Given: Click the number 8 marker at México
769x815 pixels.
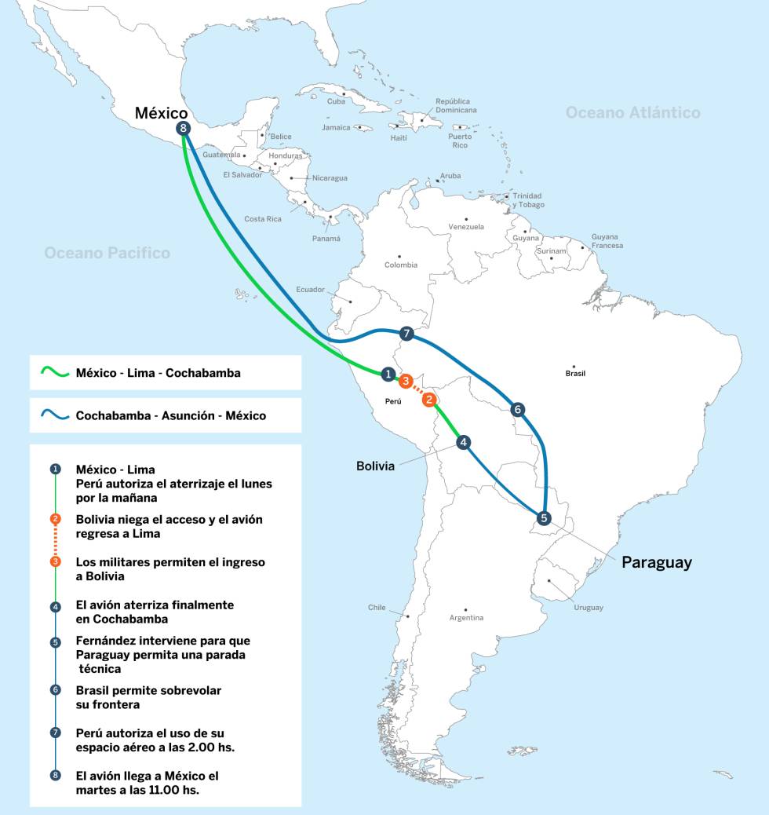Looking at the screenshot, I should click(x=184, y=129).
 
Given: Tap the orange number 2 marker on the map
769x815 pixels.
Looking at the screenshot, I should click(x=429, y=400).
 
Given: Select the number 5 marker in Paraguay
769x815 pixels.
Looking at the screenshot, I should click(x=544, y=517).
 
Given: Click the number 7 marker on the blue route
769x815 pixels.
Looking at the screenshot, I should click(x=406, y=334).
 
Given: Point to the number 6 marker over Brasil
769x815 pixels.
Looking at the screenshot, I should click(x=516, y=409).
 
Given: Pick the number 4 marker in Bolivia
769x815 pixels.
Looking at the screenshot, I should click(x=464, y=442).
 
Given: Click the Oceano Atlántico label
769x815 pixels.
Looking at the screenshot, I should click(x=632, y=113).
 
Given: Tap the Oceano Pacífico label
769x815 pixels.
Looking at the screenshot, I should click(x=107, y=253).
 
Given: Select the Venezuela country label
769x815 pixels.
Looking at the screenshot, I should click(x=466, y=227).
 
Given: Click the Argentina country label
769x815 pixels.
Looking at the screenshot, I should click(x=466, y=618).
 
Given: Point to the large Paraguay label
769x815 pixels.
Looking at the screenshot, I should click(x=657, y=562).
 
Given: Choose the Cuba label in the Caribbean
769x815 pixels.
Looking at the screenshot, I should click(x=336, y=101).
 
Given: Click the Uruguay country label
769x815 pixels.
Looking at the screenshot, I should click(x=588, y=608).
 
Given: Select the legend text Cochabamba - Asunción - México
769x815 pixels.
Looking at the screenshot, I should click(x=170, y=415).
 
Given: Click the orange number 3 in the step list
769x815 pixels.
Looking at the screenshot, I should click(x=55, y=561).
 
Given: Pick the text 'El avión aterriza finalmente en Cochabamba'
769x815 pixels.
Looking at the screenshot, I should click(x=155, y=612).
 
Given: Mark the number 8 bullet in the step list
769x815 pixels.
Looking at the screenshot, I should click(x=55, y=775).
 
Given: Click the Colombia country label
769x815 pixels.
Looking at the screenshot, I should click(x=401, y=265).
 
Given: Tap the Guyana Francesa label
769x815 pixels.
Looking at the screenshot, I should click(x=607, y=241).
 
